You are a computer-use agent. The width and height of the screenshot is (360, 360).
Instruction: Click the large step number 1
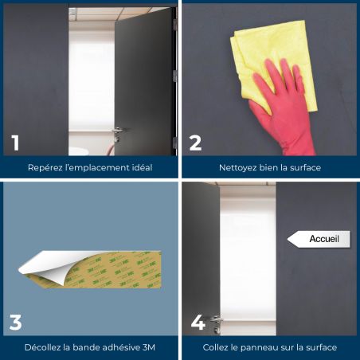pyautogui.click(x=15, y=143)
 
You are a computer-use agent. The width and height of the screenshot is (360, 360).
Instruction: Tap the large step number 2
pyautogui.click(x=195, y=143)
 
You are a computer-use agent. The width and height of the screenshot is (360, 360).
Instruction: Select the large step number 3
pyautogui.click(x=15, y=323)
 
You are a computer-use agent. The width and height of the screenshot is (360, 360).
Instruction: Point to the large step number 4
pyautogui.click(x=198, y=323)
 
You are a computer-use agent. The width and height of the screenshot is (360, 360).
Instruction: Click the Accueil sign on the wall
pyautogui.click(x=319, y=239)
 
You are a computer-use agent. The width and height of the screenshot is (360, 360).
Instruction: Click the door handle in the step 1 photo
pyautogui.click(x=117, y=131)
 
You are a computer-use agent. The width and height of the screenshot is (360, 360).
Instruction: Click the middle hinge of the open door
pyautogui.click(x=174, y=76)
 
